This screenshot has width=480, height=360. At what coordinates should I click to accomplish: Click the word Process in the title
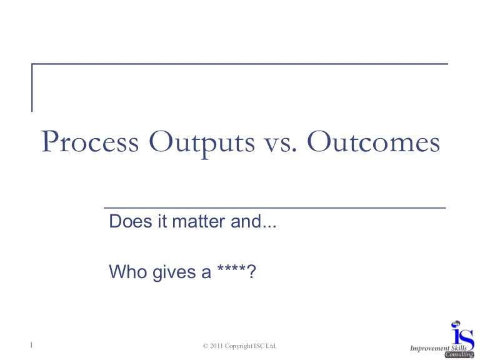coord(90,141)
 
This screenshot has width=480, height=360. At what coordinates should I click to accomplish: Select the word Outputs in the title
coord(202,143)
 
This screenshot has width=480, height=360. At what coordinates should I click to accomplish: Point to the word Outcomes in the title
coord(374,141)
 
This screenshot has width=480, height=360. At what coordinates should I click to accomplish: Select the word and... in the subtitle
coord(254,221)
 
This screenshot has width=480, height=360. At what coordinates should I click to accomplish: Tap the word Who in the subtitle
coord(127,271)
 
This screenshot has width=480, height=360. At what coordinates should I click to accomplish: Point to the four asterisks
coord(231,269)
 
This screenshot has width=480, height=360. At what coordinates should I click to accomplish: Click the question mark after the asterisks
coord(251,271)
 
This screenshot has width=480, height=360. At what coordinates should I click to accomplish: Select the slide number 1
coord(31,345)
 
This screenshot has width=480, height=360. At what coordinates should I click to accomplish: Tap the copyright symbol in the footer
coord(206,346)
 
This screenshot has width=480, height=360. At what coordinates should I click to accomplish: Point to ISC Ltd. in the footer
coord(265,346)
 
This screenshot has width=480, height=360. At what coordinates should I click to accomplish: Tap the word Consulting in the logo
coord(459,355)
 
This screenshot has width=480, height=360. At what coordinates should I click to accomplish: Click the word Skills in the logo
coord(459,348)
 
